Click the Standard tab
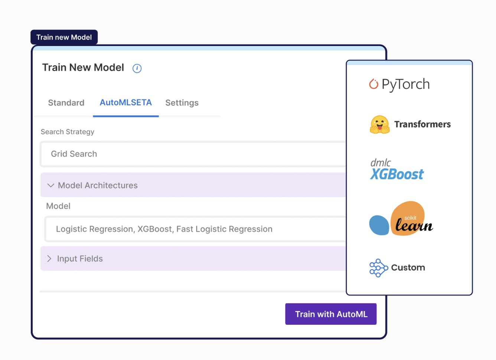(x=66, y=103)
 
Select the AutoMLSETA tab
(x=126, y=102)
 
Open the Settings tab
(x=182, y=103)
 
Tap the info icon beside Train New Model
(x=137, y=68)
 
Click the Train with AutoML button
(x=331, y=314)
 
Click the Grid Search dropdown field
(x=193, y=154)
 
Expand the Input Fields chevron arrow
(x=49, y=258)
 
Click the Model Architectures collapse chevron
(x=51, y=185)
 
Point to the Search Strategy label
(x=67, y=132)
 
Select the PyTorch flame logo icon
(x=373, y=84)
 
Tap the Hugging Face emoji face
(x=379, y=124)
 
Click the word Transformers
(x=422, y=124)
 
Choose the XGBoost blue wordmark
(x=397, y=174)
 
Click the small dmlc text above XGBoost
(x=381, y=163)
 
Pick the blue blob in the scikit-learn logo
(x=379, y=225)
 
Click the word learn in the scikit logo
(x=414, y=225)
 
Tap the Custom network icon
(x=378, y=268)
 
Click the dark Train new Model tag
(x=64, y=37)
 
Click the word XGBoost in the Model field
(x=154, y=229)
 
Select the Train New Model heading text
(x=83, y=67)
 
